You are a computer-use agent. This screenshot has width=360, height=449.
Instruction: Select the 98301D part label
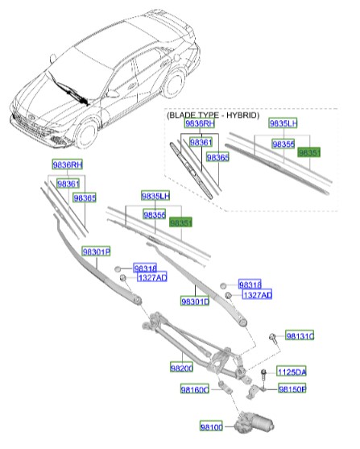tap(194, 301)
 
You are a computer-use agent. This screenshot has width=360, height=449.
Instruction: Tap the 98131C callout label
tap(300, 335)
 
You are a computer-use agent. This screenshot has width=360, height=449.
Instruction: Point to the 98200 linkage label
tap(182, 368)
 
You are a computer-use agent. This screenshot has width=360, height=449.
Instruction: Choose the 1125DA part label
tap(291, 372)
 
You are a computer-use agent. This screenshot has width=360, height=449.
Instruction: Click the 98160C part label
tap(194, 389)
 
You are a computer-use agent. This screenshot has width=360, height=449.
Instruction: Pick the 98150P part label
tap(292, 389)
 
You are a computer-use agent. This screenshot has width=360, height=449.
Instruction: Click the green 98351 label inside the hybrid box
tap(309, 151)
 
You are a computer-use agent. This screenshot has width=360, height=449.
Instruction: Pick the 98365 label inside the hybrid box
tap(217, 158)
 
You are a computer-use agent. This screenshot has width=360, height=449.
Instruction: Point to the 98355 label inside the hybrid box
tap(283, 143)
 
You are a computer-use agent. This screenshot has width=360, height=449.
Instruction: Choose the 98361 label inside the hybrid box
tap(201, 142)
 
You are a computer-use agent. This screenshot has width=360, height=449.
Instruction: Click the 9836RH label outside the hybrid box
tap(68, 164)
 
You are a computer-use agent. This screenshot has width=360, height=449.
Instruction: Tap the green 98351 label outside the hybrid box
tap(180, 222)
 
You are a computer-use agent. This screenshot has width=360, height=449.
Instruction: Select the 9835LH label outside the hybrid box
tap(155, 196)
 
